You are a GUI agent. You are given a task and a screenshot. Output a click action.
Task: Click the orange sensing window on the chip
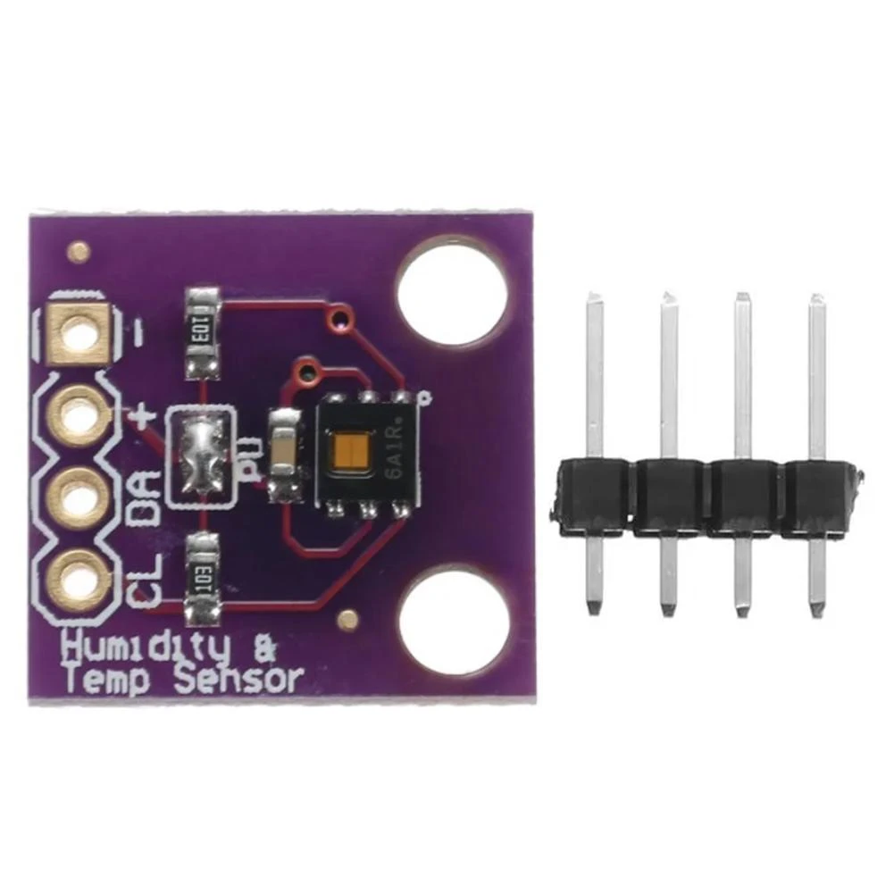tap(349, 453)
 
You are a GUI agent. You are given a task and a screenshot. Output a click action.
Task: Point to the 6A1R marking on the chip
tap(396, 454)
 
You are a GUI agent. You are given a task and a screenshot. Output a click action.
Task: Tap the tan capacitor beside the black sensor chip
tap(285, 452)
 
